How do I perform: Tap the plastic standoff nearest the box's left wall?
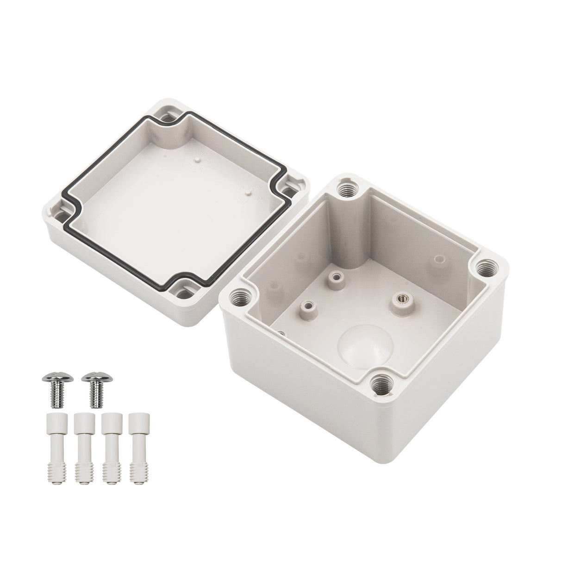[306, 308]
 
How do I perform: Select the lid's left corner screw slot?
[59, 214]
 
